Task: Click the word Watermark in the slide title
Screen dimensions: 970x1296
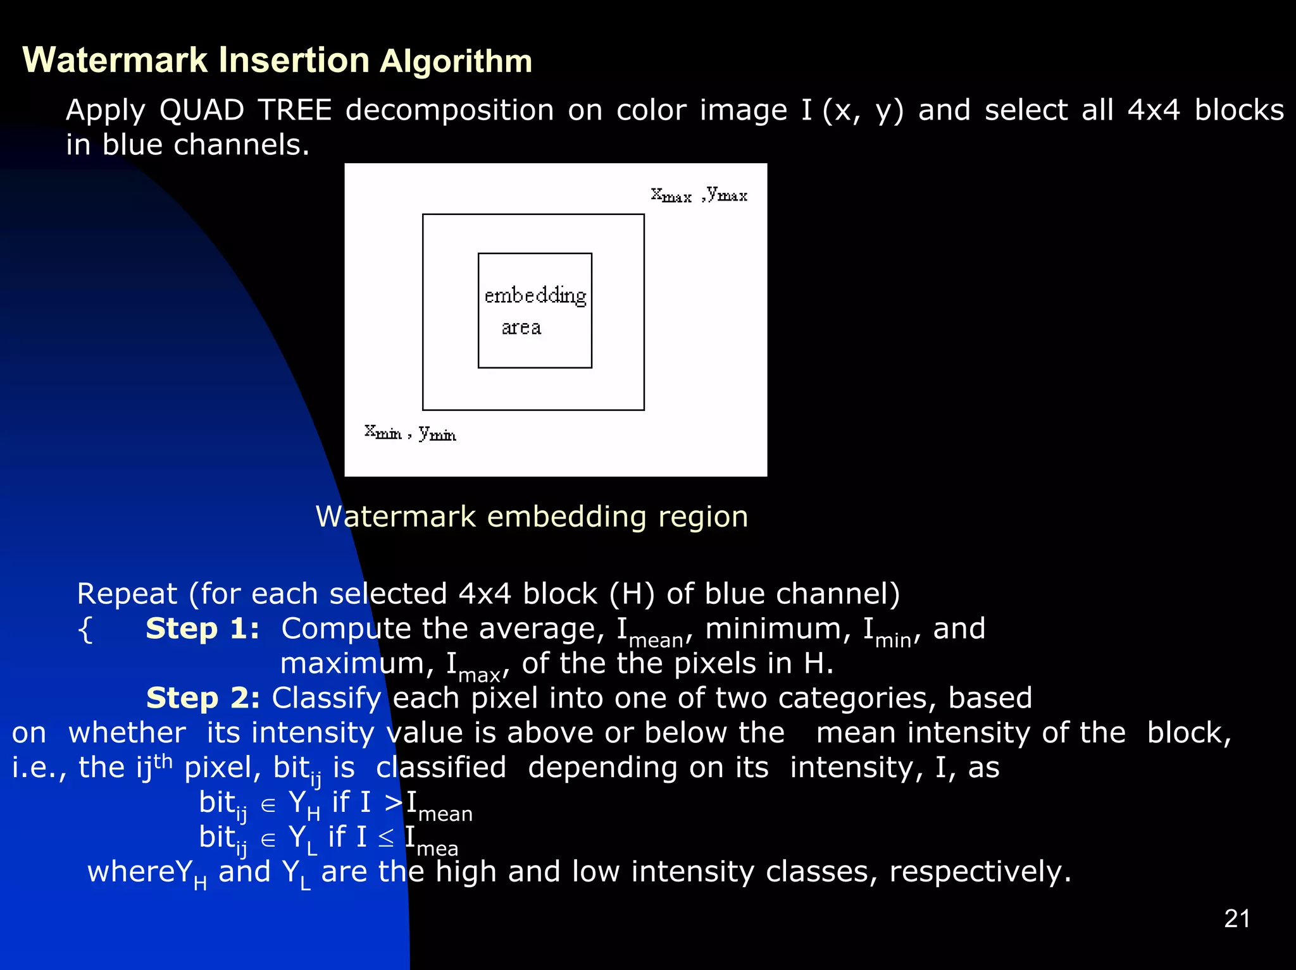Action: pos(115,61)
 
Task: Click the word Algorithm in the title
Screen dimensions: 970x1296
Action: pos(456,62)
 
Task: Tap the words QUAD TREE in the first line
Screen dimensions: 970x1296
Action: pos(246,111)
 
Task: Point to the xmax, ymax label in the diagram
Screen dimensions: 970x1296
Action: pos(699,195)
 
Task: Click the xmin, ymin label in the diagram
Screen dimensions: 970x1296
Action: pos(410,433)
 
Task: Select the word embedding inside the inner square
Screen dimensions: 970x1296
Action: pos(535,296)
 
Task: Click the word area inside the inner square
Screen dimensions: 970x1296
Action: pos(521,328)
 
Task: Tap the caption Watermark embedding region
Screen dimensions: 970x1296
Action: pos(532,517)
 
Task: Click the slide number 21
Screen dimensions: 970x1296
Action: pos(1237,919)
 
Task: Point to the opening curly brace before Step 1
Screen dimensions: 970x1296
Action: pos(85,630)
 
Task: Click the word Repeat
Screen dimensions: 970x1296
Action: pos(127,594)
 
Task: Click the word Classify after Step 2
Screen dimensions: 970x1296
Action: pos(326,699)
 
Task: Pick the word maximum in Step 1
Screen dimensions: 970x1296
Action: pos(356,664)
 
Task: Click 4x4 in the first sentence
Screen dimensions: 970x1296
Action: pos(1154,111)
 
